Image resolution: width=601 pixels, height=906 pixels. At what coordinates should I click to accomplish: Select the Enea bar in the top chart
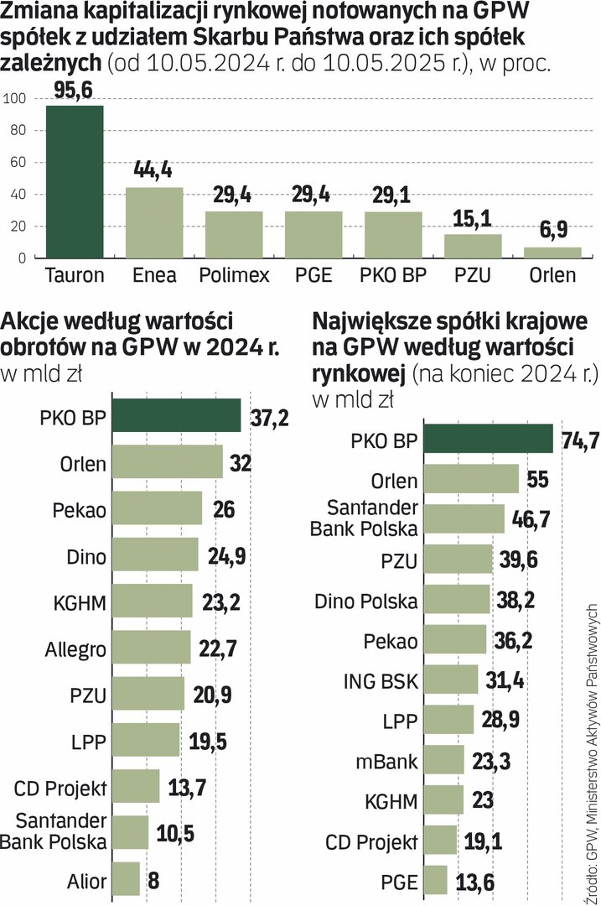coord(154,222)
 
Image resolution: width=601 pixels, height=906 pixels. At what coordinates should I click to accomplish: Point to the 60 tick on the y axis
coord(16,163)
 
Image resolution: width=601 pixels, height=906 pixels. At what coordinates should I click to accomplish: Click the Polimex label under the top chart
coord(234,274)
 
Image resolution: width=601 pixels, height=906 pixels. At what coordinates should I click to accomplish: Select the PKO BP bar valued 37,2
coord(176,415)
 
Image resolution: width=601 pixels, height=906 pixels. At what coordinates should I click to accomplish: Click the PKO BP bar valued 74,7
coord(487,439)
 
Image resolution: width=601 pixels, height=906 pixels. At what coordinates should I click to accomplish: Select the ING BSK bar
coord(450,679)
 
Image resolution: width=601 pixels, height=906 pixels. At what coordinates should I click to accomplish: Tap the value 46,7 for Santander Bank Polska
coord(531,518)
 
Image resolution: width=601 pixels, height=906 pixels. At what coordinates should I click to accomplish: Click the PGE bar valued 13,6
coord(435,881)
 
